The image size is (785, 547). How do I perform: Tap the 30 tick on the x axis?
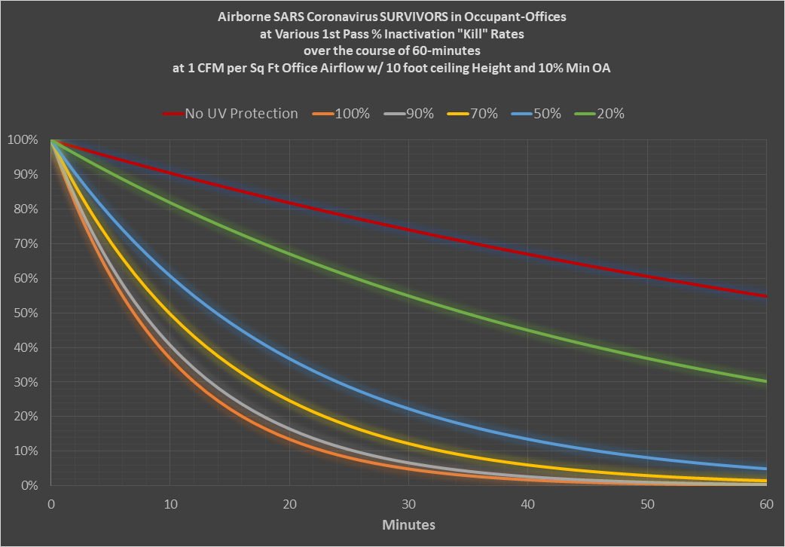click(409, 503)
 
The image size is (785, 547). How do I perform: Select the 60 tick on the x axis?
click(767, 503)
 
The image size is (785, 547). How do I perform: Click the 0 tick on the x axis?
click(51, 503)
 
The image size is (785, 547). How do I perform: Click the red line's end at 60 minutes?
click(765, 296)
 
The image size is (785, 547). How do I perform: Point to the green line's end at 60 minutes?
click(765, 381)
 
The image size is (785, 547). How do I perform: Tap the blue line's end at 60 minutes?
click(765, 469)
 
